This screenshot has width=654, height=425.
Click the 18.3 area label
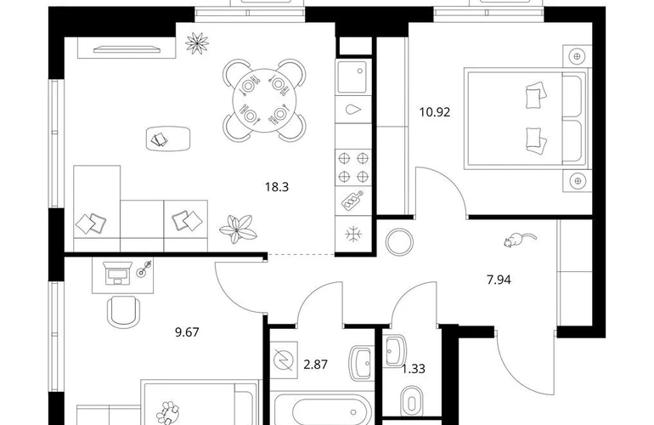pyautogui.click(x=277, y=187)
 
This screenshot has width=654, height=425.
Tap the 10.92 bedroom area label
pyautogui.click(x=435, y=112)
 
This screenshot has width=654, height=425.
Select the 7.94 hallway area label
pyautogui.click(x=499, y=280)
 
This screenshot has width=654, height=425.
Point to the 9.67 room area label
pyautogui.click(x=187, y=332)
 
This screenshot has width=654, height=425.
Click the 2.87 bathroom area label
pyautogui.click(x=315, y=365)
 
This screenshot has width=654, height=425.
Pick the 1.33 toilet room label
pyautogui.click(x=414, y=369)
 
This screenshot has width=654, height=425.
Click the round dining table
pyautogui.click(x=264, y=100)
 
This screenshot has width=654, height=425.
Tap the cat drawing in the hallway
pyautogui.click(x=518, y=240)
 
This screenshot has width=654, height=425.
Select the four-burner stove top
pyautogui.click(x=353, y=167)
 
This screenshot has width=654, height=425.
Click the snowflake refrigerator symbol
pyautogui.click(x=353, y=235)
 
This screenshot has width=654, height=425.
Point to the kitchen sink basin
pyautogui.click(x=352, y=76)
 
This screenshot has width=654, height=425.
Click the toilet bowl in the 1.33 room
pyautogui.click(x=412, y=403)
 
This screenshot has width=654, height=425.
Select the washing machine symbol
pyautogui.click(x=284, y=360)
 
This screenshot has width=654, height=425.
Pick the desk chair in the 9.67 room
pyautogui.click(x=124, y=312)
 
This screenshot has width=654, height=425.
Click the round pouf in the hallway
pyautogui.click(x=399, y=242)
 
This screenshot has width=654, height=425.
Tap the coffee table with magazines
pyautogui.click(x=168, y=139)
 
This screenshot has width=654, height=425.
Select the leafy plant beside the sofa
pyautogui.click(x=238, y=229)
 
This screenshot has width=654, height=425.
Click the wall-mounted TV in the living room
pyautogui.click(x=127, y=49)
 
